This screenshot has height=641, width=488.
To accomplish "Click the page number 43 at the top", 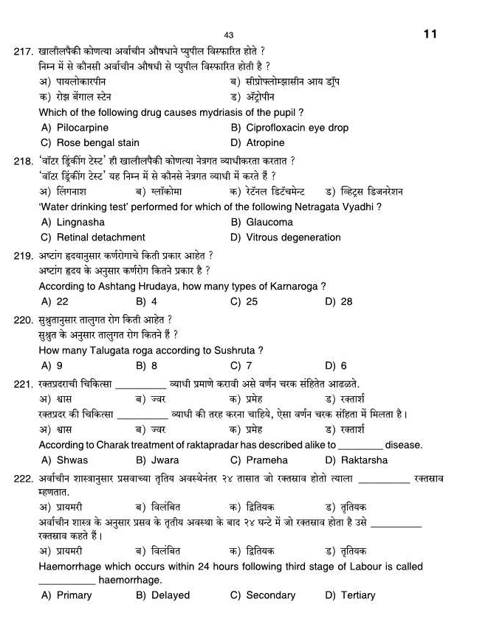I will (228, 35).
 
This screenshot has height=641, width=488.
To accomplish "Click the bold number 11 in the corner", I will (431, 34).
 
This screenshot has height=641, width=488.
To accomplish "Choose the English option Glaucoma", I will (269, 222).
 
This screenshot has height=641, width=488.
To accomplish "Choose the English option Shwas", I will (72, 460).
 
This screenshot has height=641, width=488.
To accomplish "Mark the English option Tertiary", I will (358, 595).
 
